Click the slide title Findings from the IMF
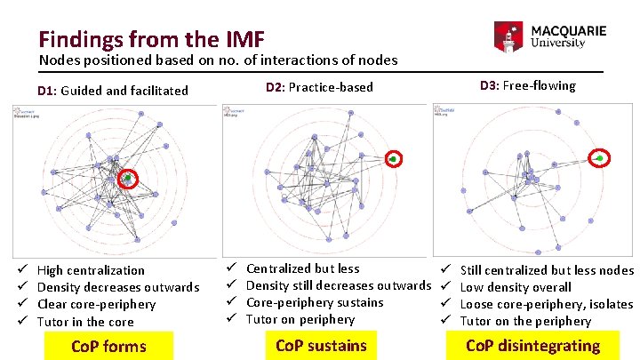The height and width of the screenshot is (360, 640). [x=150, y=39]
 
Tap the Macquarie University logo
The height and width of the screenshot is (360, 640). [x=550, y=36]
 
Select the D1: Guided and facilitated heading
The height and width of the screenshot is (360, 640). [x=113, y=90]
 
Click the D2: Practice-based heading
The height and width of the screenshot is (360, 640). [x=319, y=87]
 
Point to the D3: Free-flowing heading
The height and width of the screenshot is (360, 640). [x=527, y=85]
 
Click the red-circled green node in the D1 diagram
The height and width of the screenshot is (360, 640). [x=128, y=179]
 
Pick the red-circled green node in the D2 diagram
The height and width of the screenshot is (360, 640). [x=393, y=158]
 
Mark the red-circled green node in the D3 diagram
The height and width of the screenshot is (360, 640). [x=600, y=158]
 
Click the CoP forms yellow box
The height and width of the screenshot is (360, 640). [x=108, y=345]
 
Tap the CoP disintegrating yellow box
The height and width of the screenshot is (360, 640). [x=533, y=346]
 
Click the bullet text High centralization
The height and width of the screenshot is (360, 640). [x=91, y=270]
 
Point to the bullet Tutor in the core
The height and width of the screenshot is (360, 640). [x=85, y=322]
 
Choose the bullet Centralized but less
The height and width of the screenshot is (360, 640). [x=302, y=268]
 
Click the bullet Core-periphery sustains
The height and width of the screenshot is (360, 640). [x=315, y=302]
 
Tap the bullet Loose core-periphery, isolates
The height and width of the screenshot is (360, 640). [x=547, y=304]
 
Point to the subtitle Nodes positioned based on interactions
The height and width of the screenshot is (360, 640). [x=218, y=60]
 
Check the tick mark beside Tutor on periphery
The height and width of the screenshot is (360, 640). [x=229, y=319]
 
